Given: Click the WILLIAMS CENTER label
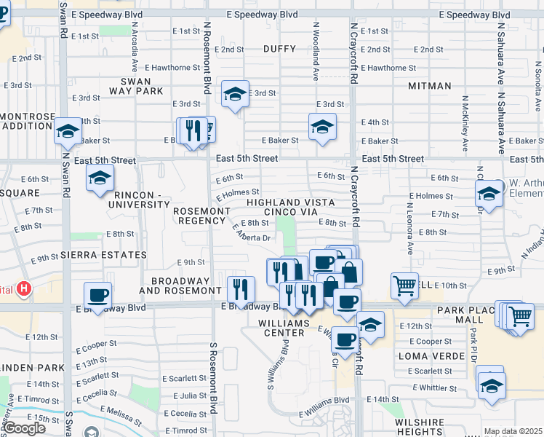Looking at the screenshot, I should (x=284, y=327).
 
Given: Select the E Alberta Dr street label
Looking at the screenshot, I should (x=251, y=232).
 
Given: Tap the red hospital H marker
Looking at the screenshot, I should (x=24, y=289).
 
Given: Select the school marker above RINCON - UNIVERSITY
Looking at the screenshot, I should (x=100, y=178).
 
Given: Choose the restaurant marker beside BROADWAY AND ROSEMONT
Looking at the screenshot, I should (x=240, y=289).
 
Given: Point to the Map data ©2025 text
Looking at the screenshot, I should (x=513, y=431).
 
